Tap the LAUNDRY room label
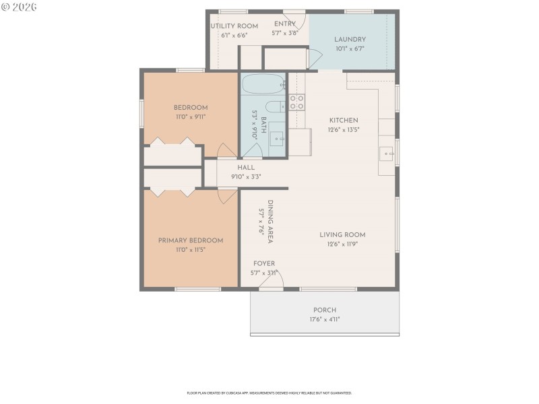coord(350,39)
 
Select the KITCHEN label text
coord(343,120)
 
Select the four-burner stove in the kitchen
coord(297,102)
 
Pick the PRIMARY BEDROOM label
coord(190,240)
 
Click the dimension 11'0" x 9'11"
coord(190,116)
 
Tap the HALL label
coord(246,168)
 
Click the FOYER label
coord(263,263)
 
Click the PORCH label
coord(325,310)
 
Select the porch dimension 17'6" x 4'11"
coord(325,319)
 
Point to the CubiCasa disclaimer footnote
coord(269,393)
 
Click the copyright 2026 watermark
coord(20,7)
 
